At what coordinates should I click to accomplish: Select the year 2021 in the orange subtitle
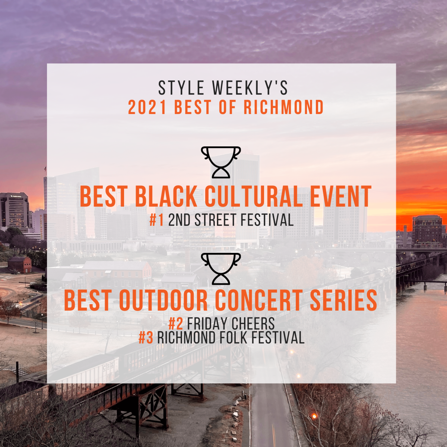pyautogui.click(x=147, y=108)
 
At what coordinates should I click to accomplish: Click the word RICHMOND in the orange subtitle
pyautogui.click(x=283, y=108)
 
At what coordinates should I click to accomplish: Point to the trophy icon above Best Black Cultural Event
pyautogui.click(x=221, y=162)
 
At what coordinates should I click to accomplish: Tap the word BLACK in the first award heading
pyautogui.click(x=166, y=196)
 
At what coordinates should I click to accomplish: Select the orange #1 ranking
pyautogui.click(x=156, y=220)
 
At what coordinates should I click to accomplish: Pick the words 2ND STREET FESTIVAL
pyautogui.click(x=231, y=220)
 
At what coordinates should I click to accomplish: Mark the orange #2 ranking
pyautogui.click(x=175, y=323)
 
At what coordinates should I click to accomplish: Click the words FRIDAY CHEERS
pyautogui.click(x=231, y=323)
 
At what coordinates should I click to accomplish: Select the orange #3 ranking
pyautogui.click(x=146, y=338)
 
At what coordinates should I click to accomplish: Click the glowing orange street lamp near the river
pyautogui.click(x=314, y=416)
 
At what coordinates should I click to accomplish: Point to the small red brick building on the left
pyautogui.click(x=19, y=264)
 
